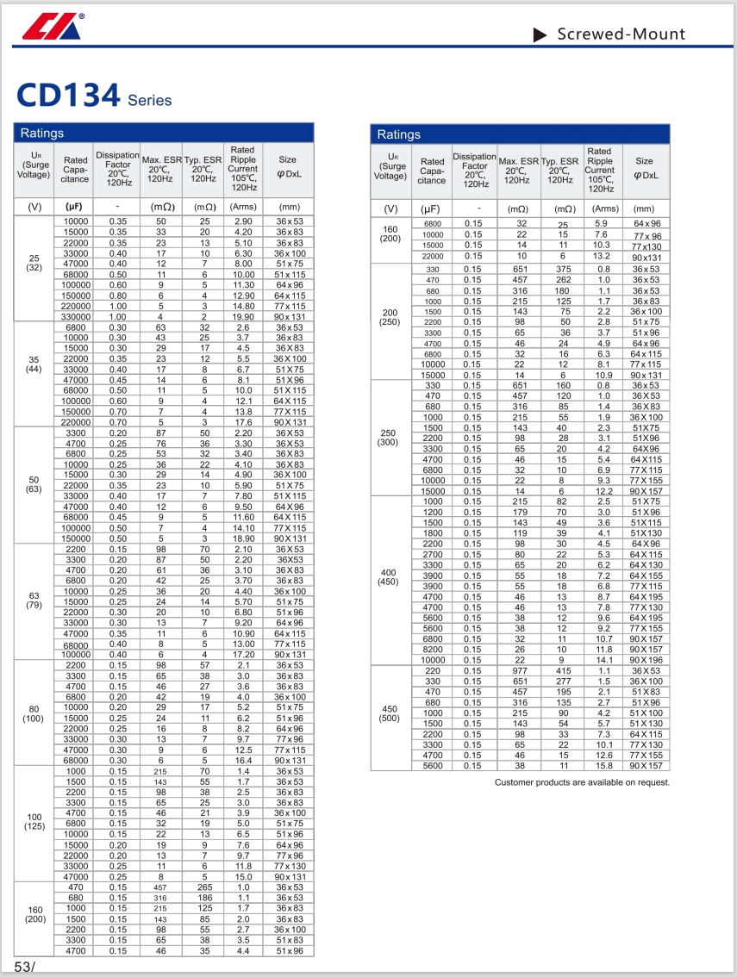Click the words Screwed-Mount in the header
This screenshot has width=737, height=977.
[621, 34]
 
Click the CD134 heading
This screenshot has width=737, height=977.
[67, 96]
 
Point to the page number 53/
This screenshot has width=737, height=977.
[24, 966]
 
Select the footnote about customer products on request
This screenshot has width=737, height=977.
[582, 782]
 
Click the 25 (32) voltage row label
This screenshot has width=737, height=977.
[34, 263]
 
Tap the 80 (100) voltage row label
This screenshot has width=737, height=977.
[34, 713]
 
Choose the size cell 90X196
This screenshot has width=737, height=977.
[645, 660]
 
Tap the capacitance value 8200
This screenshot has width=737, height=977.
[432, 650]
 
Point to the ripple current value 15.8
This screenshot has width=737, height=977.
[604, 765]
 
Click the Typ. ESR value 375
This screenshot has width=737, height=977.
[564, 269]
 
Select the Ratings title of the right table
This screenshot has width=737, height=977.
[398, 134]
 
